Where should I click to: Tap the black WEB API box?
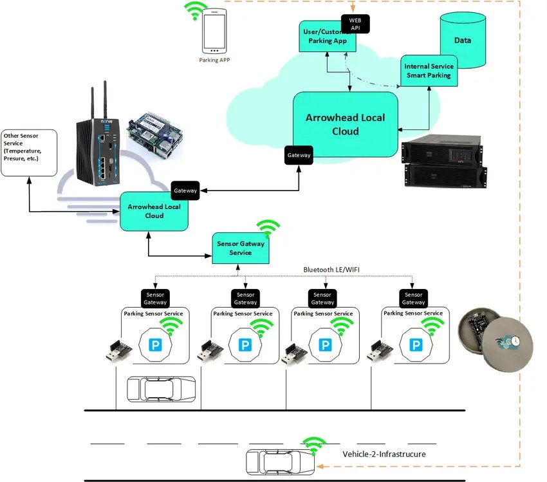[355, 24]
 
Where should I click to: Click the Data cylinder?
[462, 40]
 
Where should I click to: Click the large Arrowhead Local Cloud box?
[345, 124]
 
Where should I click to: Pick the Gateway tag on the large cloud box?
[299, 155]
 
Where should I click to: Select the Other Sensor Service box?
[29, 154]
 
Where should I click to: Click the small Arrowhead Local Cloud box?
[154, 211]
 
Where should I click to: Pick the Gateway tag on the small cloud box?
[185, 190]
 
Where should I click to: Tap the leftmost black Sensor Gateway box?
[155, 298]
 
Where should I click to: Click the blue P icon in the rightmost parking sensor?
[418, 346]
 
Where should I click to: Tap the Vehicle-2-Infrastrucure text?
[384, 454]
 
